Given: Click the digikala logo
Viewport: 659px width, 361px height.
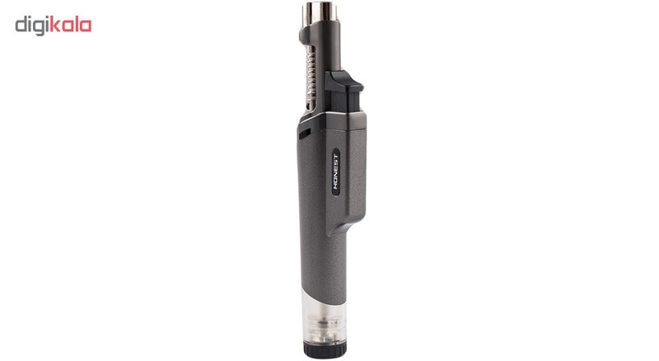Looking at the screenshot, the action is tap(54, 26).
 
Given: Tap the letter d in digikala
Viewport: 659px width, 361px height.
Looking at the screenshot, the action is tap(21, 25).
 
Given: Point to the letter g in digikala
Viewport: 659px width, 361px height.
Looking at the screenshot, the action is tap(40, 27).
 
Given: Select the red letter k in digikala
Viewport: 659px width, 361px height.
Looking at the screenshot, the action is tap(55, 24).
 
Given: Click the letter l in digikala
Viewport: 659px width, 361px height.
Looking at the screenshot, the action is tap(77, 24).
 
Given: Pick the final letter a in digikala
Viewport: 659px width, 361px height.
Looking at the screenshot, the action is tap(86, 26).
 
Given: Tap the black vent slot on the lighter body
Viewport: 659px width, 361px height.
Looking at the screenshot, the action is tap(304, 134).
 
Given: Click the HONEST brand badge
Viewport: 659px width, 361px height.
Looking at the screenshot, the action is tap(336, 171).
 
